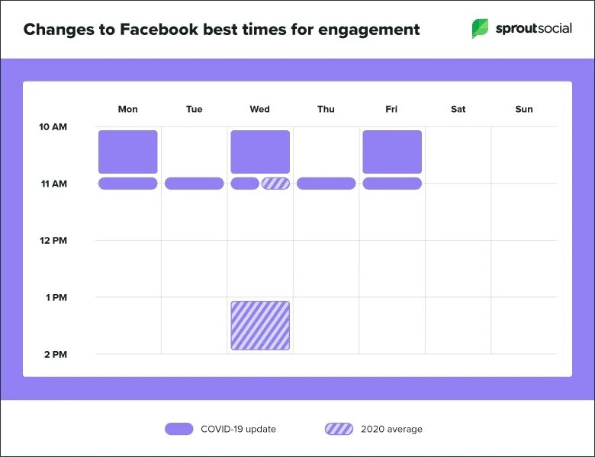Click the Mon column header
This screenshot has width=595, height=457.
coord(128,109)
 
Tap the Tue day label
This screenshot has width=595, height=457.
coord(194,109)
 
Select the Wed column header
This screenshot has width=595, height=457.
coord(259,109)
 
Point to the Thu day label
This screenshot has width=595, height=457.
coord(326,109)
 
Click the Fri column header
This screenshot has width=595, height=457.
coord(391,109)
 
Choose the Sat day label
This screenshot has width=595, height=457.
coord(458,109)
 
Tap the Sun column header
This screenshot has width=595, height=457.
coord(524,109)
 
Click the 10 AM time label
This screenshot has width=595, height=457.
coord(53,126)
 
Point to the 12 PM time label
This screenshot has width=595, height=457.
coord(53,241)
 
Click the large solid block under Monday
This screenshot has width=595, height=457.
coord(128,152)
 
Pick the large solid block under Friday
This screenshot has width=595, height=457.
coord(392,152)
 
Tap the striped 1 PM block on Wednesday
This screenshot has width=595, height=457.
coord(260,325)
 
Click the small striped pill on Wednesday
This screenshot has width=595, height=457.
coord(275,184)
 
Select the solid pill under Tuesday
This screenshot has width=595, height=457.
coord(194,184)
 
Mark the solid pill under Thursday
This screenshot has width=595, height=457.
coord(326,184)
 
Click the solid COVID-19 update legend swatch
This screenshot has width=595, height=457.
coord(178,429)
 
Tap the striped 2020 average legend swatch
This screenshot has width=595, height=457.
coord(339,429)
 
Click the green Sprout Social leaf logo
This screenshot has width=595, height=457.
coord(480,30)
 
